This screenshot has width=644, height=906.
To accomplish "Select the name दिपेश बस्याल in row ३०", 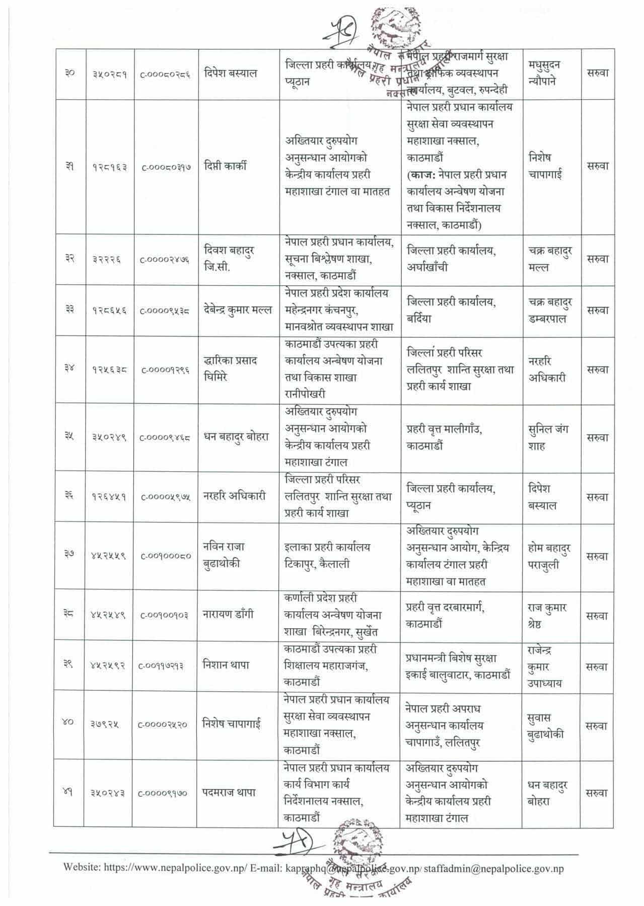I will coord(231,73).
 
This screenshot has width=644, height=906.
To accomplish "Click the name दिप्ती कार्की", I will coord(226,167).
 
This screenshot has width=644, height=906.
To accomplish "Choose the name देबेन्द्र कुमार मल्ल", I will coord(238,310).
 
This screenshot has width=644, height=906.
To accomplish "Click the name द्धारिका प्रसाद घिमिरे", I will coord(230,369).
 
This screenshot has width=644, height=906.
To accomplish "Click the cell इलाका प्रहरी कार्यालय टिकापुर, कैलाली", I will coord(327,556).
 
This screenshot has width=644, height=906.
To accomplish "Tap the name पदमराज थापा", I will coord(229,792).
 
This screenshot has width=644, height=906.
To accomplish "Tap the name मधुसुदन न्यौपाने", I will coord(546,73).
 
